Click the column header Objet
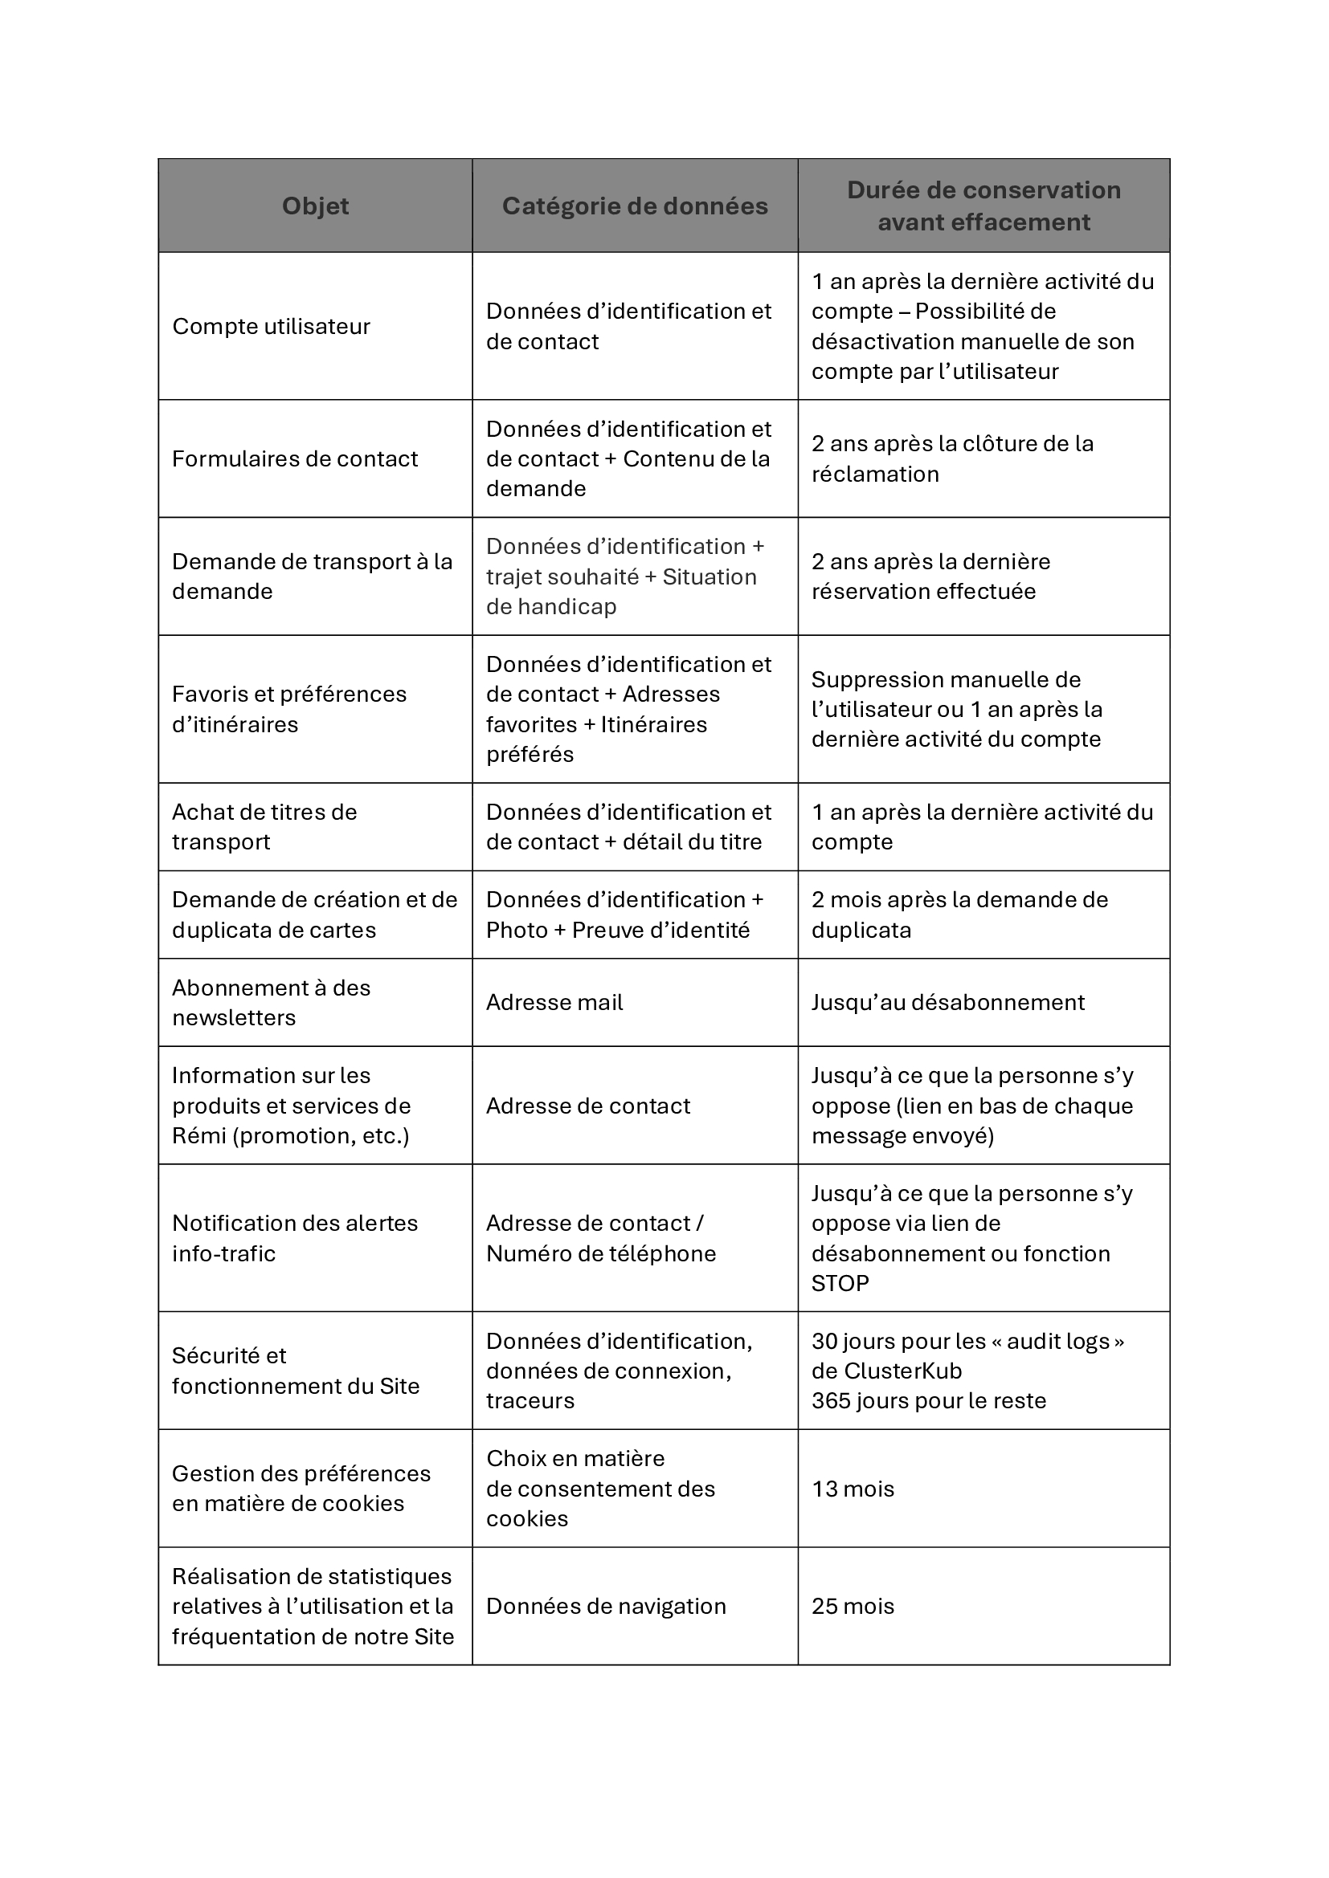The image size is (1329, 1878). (x=315, y=206)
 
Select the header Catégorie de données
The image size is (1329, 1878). (x=634, y=206)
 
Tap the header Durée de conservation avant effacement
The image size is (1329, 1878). (x=983, y=206)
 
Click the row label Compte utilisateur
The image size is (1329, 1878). (x=271, y=326)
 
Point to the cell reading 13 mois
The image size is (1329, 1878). (x=853, y=1489)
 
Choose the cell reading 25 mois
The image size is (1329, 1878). (x=853, y=1606)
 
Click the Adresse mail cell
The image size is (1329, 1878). (x=554, y=1002)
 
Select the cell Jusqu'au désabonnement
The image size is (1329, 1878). (x=947, y=1002)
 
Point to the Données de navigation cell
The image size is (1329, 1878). (x=606, y=1606)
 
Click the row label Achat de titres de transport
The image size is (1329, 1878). (x=264, y=826)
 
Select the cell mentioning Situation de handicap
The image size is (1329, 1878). (x=624, y=576)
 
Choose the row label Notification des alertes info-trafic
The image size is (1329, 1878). (x=295, y=1237)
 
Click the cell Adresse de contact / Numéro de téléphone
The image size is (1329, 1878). (x=601, y=1237)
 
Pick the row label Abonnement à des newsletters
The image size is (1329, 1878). (x=271, y=1002)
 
